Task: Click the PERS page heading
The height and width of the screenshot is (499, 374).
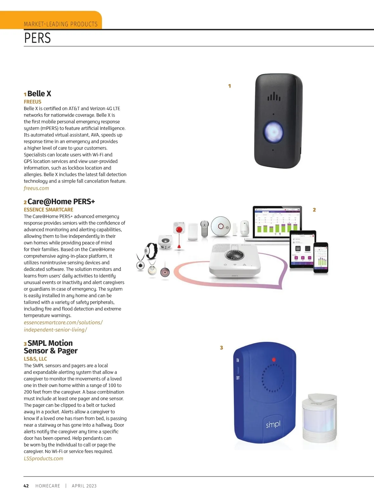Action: pos(37,38)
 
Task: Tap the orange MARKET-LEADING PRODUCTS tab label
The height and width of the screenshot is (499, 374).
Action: pos(60,24)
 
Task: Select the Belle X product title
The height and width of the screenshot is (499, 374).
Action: pos(39,93)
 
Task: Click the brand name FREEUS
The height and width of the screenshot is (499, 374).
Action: pos(33,101)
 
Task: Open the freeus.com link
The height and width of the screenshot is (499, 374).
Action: pos(36,188)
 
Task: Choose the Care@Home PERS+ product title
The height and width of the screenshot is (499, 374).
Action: pos(61,201)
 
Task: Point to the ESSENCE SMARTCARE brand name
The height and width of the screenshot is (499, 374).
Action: pos(49,210)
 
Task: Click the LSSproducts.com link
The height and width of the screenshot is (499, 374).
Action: pos(44,458)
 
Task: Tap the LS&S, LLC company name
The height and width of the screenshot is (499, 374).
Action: pos(36,359)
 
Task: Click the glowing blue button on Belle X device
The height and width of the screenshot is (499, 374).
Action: pos(274,132)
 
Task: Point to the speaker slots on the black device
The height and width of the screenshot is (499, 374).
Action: pos(274,96)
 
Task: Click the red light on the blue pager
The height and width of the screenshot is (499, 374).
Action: pos(274,359)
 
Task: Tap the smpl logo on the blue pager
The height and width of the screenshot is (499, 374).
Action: pos(273,424)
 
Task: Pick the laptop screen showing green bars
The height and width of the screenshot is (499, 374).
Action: pos(277,222)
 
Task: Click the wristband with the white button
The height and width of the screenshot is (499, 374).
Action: pos(151,251)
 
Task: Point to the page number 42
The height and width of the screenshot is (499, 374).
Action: pos(26,486)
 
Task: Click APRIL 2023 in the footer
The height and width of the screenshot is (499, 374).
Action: pos(84,486)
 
